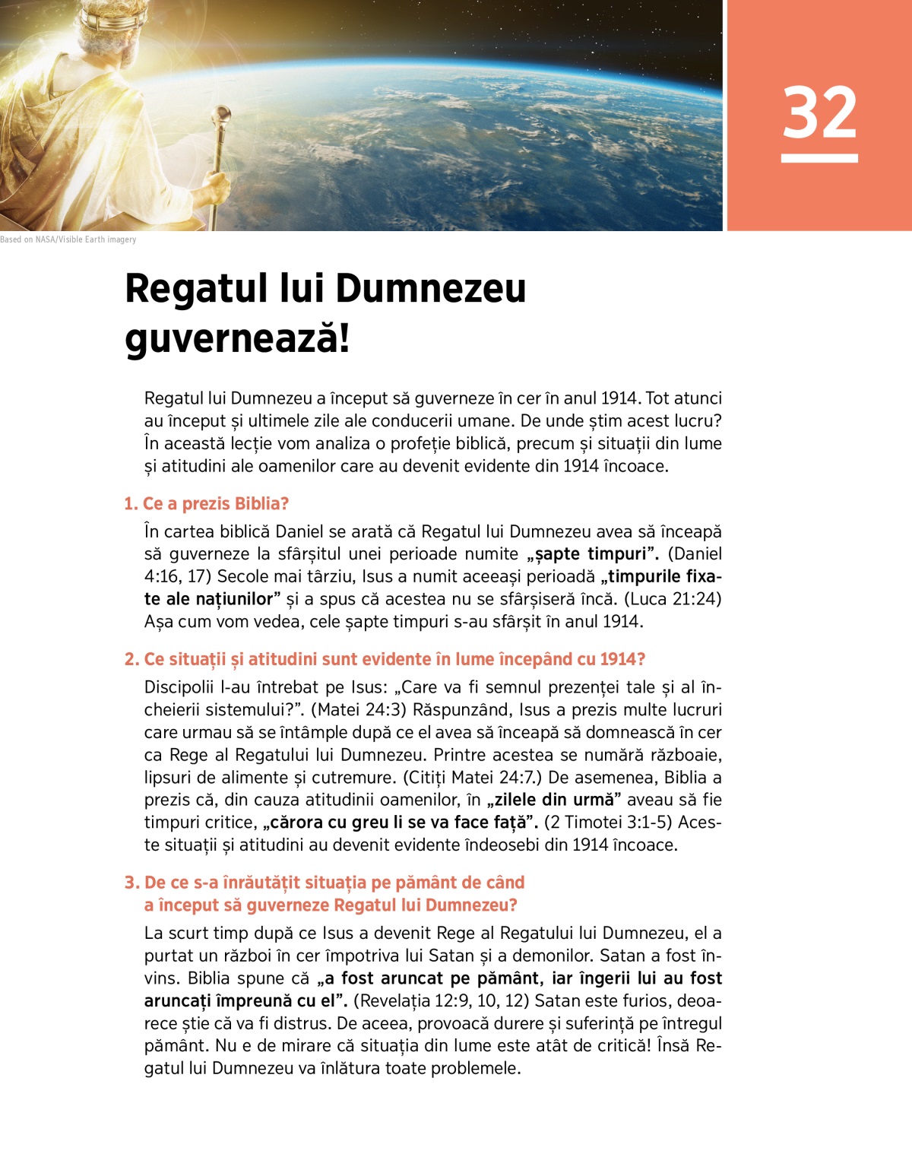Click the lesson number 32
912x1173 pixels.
point(819,113)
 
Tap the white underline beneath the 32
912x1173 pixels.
point(819,158)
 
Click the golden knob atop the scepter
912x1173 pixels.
point(224,115)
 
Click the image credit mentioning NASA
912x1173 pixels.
point(68,239)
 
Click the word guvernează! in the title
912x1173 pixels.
point(237,338)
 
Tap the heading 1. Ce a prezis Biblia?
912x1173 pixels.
point(206,504)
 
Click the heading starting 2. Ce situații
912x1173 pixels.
point(385,659)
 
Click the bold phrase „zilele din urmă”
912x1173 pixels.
point(555,800)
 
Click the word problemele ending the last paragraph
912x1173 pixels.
point(474,1069)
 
